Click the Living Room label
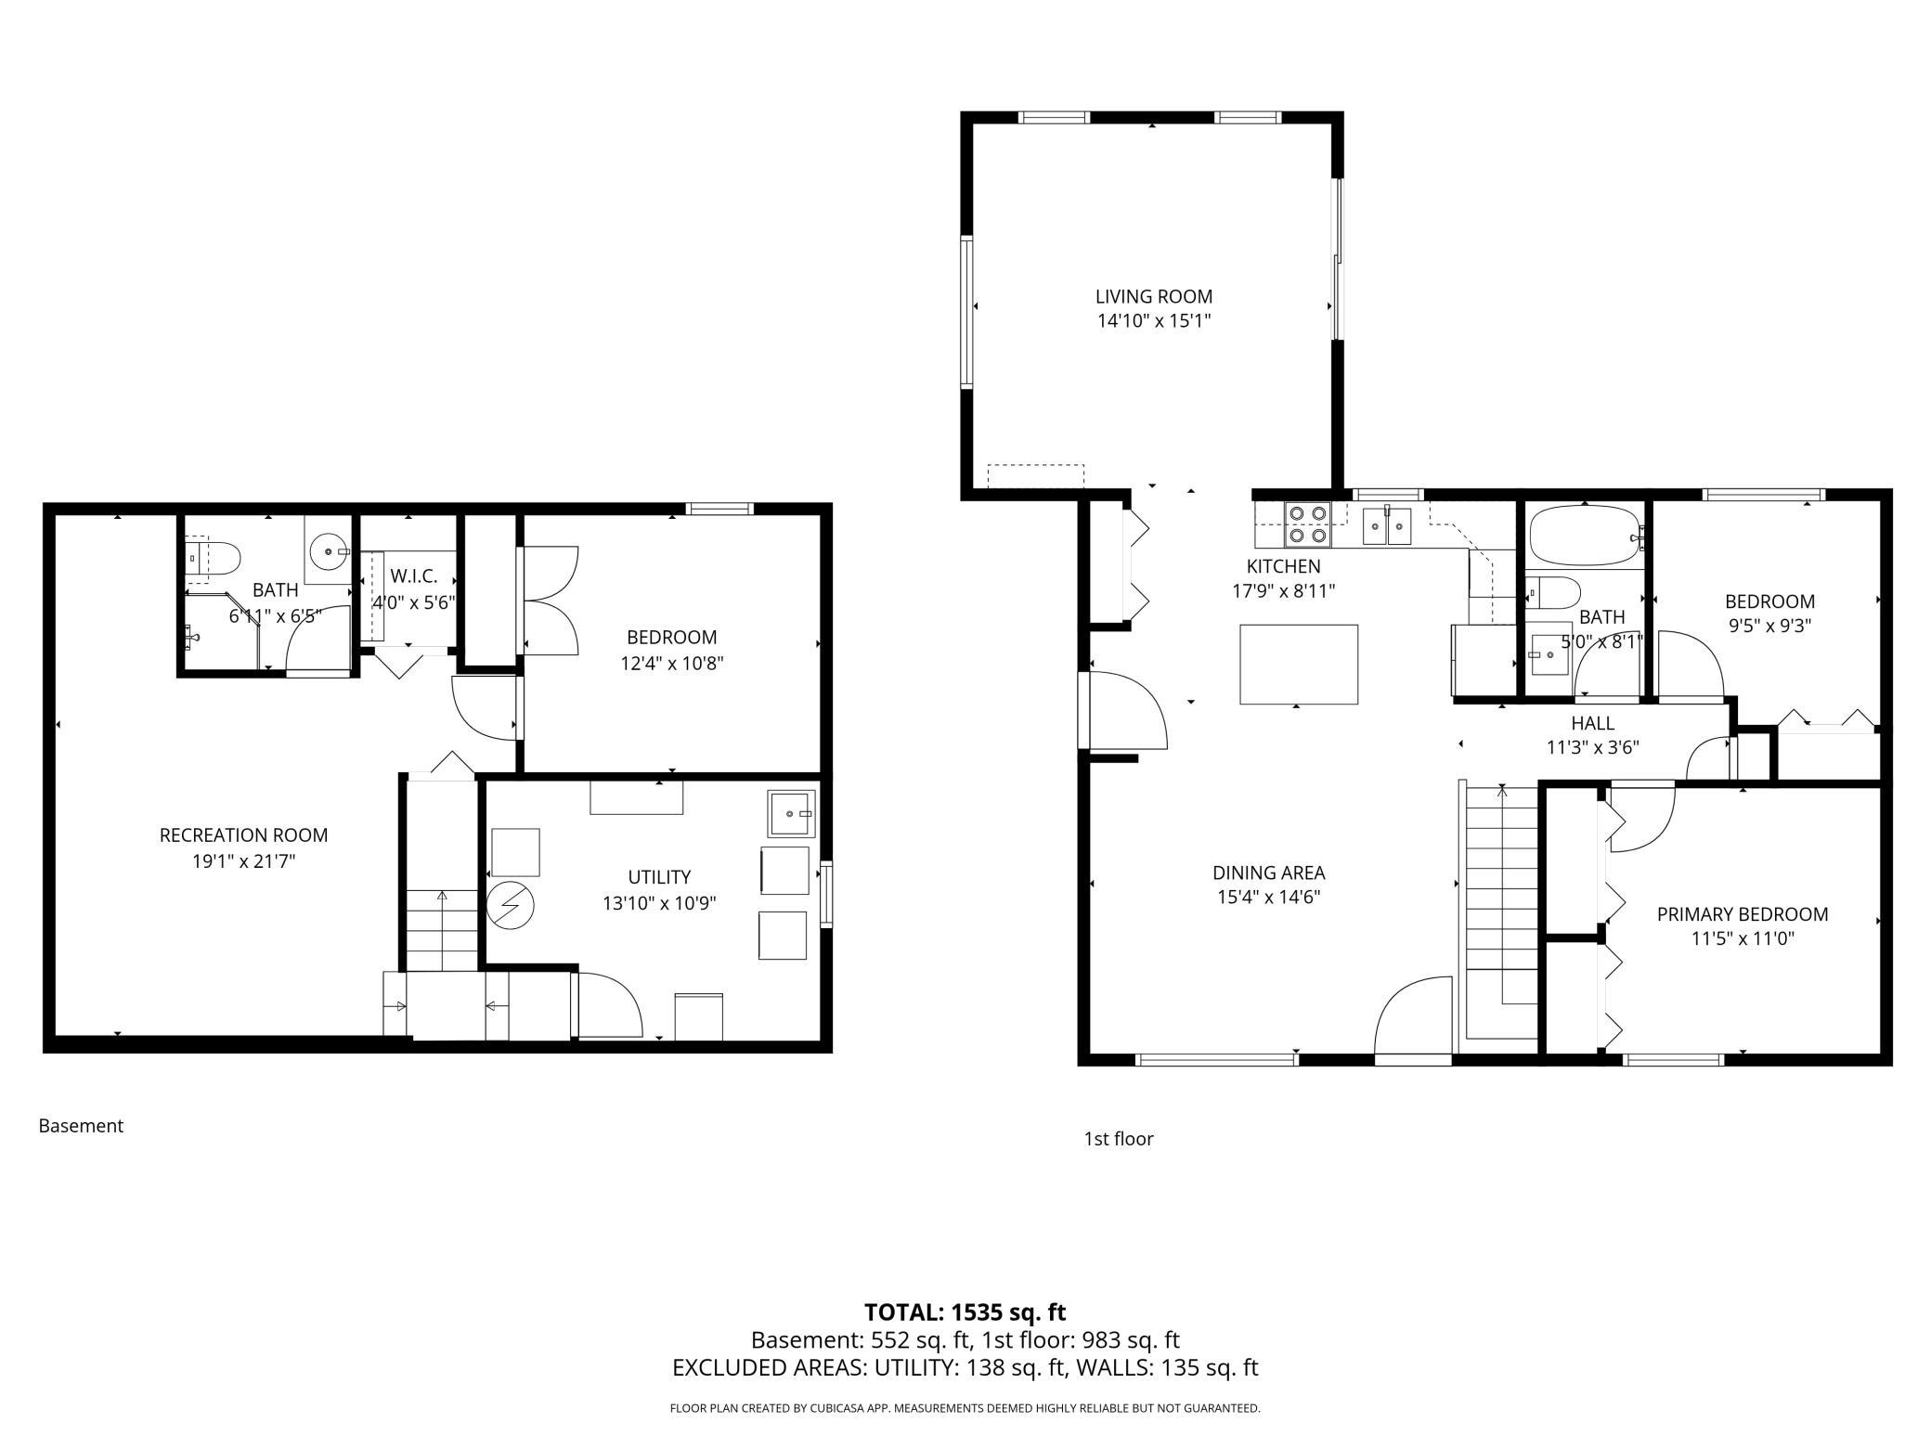click(x=1154, y=297)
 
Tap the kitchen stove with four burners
click(x=1307, y=524)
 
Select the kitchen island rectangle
click(x=1299, y=664)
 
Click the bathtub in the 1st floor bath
click(x=1587, y=535)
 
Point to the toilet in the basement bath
click(x=213, y=557)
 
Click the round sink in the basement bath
click(x=328, y=551)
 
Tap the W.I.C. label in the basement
click(x=414, y=576)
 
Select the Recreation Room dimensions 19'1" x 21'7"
click(x=243, y=861)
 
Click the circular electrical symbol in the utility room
click(x=512, y=904)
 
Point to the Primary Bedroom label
click(x=1743, y=914)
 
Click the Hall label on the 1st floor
click(x=1593, y=723)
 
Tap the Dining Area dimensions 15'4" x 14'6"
click(x=1269, y=897)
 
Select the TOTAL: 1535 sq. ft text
click(x=965, y=1312)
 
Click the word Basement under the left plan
click(x=81, y=1126)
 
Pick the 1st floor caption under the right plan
click(x=1119, y=1139)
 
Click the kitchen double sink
click(x=1387, y=525)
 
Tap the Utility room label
click(x=659, y=877)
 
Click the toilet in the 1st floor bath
click(x=1553, y=591)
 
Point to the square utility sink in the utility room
click(x=791, y=813)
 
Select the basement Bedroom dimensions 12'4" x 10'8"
click(x=672, y=664)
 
